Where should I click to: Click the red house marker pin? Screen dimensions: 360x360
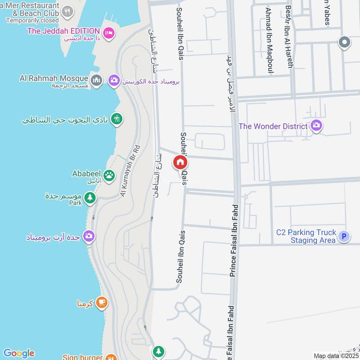click(180, 162)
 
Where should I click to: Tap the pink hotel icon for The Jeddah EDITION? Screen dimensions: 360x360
click(108, 33)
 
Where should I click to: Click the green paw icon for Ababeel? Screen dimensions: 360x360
click(109, 175)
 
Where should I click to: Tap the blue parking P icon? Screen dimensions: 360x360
click(344, 236)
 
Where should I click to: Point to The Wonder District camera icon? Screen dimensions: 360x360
click(317, 126)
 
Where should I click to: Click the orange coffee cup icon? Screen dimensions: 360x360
click(102, 303)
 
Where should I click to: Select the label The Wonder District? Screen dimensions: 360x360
click(273, 126)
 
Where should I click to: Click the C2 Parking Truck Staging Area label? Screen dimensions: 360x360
click(306, 236)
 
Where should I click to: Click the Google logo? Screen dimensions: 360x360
click(18, 353)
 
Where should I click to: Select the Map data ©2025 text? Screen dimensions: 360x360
click(335, 356)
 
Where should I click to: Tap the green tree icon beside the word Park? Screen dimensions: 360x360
click(90, 198)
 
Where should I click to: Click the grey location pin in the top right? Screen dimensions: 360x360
click(345, 43)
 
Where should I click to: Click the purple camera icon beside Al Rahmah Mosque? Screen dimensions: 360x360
click(114, 81)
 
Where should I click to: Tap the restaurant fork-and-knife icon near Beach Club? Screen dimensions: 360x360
click(67, 11)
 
